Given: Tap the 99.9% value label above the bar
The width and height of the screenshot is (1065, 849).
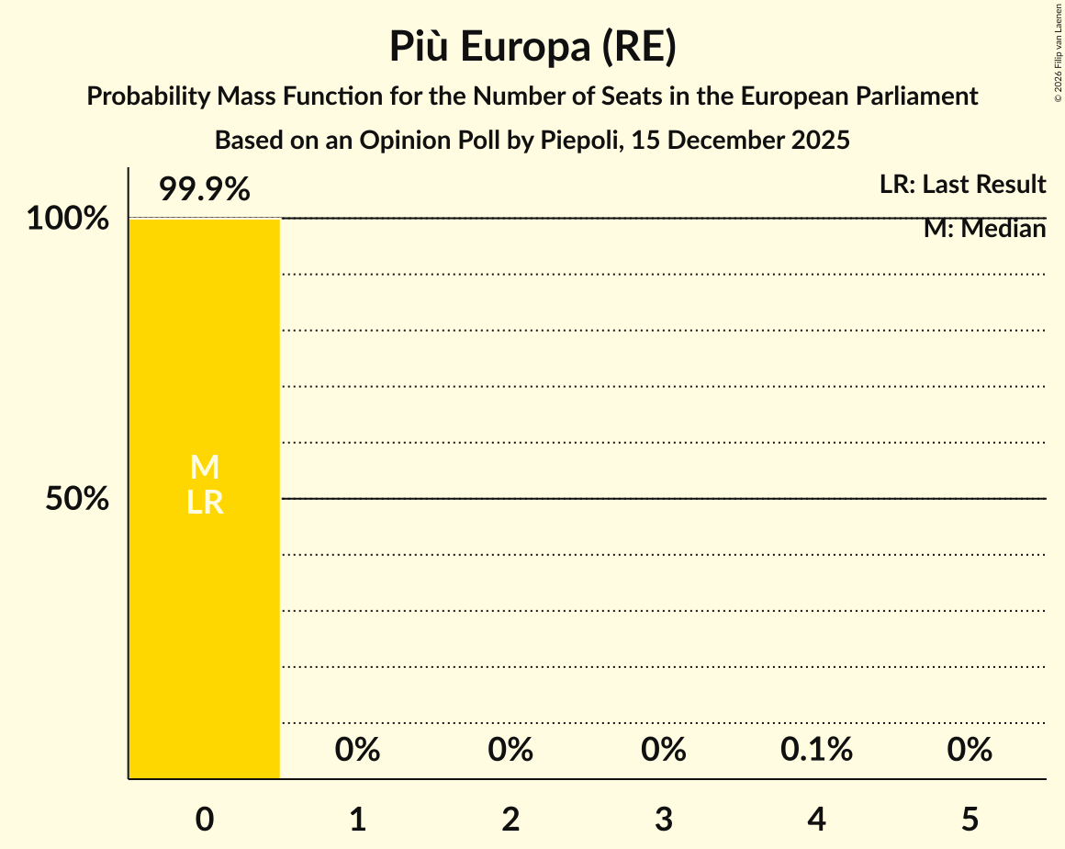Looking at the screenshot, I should tap(204, 190).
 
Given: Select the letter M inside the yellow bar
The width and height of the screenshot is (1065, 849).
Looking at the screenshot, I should tap(204, 468).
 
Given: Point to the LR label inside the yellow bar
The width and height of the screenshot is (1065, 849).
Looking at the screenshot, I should tap(204, 502).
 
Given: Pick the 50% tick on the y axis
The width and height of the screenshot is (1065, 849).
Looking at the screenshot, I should tap(78, 499).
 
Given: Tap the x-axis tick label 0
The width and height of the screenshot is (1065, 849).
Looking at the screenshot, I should tap(204, 819).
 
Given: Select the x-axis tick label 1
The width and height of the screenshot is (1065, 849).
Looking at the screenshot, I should tap(357, 819).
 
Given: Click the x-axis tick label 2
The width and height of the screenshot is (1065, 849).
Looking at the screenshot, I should tap(510, 819).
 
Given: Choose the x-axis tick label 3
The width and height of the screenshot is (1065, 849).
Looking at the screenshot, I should tap(664, 819).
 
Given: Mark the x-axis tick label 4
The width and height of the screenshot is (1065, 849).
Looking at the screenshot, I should tap(817, 819).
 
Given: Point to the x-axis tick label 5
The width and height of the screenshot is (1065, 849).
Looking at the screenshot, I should tap(970, 819).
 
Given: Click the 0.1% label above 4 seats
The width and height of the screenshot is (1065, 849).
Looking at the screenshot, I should tap(816, 750).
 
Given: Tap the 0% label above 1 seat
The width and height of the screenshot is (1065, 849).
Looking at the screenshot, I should tap(357, 750).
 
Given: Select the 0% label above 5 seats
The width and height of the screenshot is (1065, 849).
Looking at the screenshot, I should tap(970, 750).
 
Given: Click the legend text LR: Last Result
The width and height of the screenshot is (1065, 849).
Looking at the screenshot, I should tap(962, 185).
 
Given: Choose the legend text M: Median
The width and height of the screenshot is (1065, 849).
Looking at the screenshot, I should tap(984, 229).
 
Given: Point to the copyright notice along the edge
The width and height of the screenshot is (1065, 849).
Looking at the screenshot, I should tap(1057, 51).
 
